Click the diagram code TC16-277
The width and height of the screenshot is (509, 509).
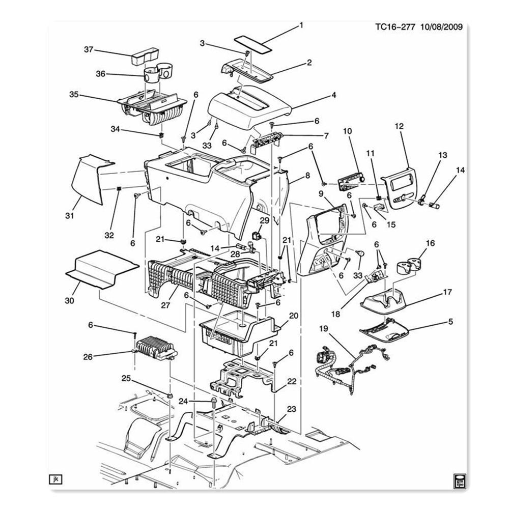tap(395, 27)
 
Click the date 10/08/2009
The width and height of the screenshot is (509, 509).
tap(441, 27)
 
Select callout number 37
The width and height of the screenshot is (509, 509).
tap(89, 49)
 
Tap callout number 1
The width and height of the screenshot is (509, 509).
tap(301, 25)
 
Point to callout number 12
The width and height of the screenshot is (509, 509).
tap(399, 126)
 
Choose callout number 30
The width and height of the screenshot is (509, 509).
tap(70, 300)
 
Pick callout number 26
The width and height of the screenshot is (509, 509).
tap(88, 357)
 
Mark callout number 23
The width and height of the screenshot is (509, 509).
tap(291, 409)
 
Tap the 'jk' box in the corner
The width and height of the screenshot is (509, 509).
tap(54, 479)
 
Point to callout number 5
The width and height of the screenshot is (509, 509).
tap(450, 322)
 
